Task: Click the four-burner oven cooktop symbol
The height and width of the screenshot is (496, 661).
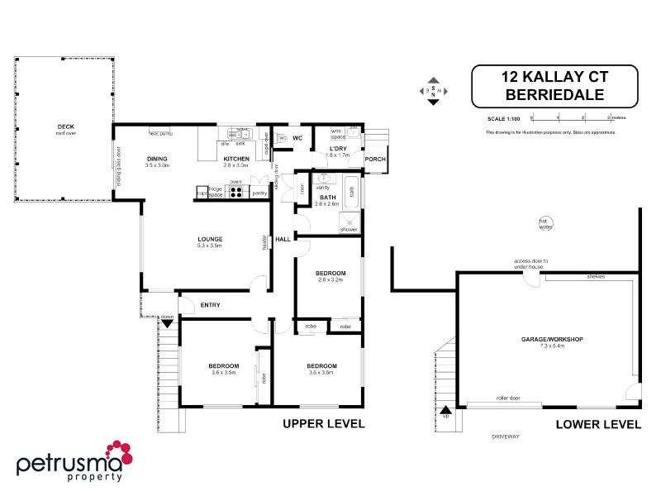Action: [235, 193]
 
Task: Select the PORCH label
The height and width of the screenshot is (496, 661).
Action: [375, 159]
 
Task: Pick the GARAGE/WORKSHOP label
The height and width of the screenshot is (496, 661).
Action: [552, 340]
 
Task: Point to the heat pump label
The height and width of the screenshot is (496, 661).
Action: [160, 132]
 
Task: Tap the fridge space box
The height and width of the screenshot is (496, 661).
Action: [215, 193]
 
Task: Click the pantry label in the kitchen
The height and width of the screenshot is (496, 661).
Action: [259, 193]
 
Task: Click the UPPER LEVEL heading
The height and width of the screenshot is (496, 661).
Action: [324, 424]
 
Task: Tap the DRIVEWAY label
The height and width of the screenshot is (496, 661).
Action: [503, 436]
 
